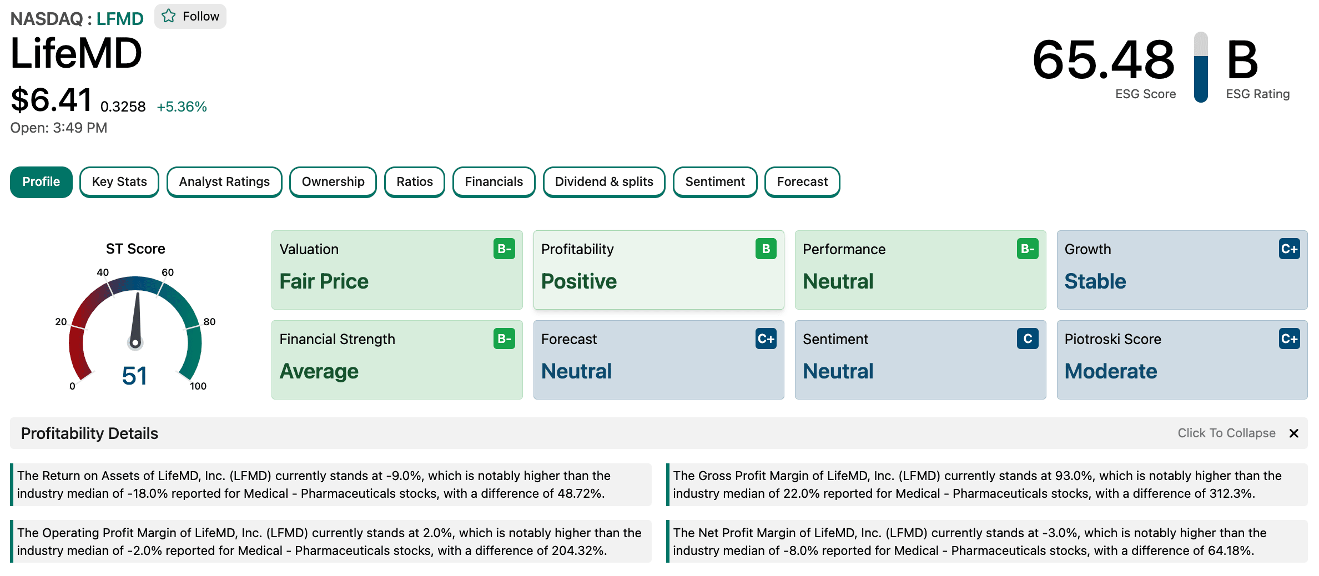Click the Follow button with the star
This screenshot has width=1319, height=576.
[190, 17]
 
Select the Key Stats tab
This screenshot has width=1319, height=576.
[119, 182]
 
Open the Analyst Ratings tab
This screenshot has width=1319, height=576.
[224, 182]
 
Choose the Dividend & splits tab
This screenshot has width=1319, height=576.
[604, 182]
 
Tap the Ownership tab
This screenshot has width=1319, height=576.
[333, 182]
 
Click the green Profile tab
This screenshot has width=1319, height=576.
[41, 182]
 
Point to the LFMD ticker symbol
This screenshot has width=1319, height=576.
[120, 19]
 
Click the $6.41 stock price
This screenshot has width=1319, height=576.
[51, 100]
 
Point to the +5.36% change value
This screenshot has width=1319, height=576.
[182, 107]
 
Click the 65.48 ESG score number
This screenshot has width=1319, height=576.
[1104, 59]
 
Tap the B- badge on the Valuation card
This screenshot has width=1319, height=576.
[504, 249]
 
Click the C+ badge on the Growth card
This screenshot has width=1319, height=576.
[1289, 249]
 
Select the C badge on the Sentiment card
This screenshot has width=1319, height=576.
[1028, 338]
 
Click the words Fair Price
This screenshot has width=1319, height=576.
[324, 281]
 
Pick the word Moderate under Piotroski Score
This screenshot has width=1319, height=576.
[1111, 371]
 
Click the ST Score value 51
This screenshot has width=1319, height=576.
[134, 376]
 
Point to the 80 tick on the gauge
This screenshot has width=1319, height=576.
[209, 322]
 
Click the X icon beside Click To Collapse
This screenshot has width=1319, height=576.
[1294, 433]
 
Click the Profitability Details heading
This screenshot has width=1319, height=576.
[89, 433]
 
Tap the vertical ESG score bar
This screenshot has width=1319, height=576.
[1201, 67]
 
